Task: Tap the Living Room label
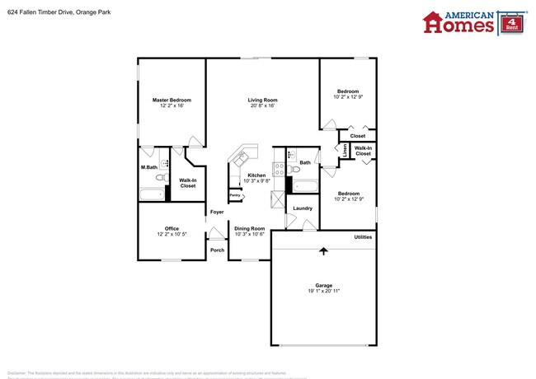[262, 101]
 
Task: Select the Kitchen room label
[256, 175]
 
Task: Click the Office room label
[172, 228]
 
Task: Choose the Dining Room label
[249, 228]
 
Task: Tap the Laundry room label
[303, 208]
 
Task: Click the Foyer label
[217, 213]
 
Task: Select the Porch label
[217, 250]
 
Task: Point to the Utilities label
[363, 237]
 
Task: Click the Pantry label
[234, 195]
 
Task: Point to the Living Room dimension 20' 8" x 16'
[262, 106]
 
